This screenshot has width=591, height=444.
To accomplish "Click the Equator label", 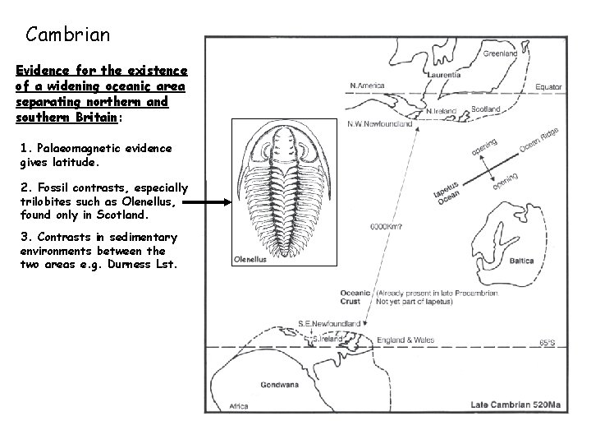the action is [x=549, y=86].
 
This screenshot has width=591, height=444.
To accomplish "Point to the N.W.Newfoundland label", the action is [x=380, y=124].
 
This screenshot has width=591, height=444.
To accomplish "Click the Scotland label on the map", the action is [x=486, y=109].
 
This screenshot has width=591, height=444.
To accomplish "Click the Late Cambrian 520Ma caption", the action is [x=514, y=404].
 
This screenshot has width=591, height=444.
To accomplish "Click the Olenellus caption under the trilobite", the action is [x=250, y=261].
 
